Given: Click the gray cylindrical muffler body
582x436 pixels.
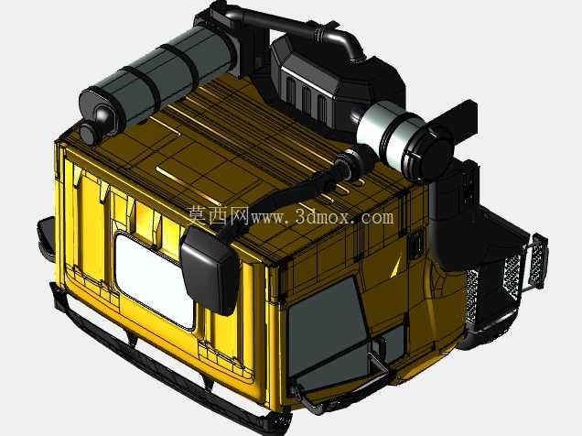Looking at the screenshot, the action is pyautogui.click(x=159, y=74).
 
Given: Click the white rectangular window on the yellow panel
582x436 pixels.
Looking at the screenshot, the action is pyautogui.click(x=154, y=279).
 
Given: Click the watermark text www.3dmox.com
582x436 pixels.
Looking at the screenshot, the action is pyautogui.click(x=322, y=216).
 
